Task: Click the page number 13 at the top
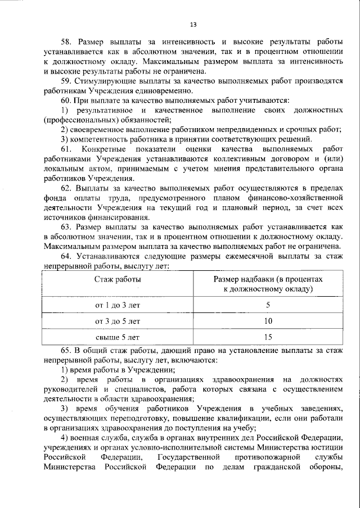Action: pyautogui.click(x=193, y=25)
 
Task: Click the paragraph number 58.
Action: pyautogui.click(x=66, y=42)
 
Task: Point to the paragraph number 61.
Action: pyautogui.click(x=66, y=149)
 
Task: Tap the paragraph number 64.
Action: pyautogui.click(x=66, y=256)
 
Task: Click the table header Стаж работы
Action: pyautogui.click(x=118, y=279)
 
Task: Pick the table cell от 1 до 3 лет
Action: pyautogui.click(x=118, y=305)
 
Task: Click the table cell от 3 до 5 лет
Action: pyautogui.click(x=118, y=321)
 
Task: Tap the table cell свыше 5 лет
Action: pyautogui.click(x=118, y=337)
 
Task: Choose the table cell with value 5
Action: pyautogui.click(x=268, y=305)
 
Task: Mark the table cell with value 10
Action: pyautogui.click(x=268, y=321)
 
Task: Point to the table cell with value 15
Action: pyautogui.click(x=268, y=337)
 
